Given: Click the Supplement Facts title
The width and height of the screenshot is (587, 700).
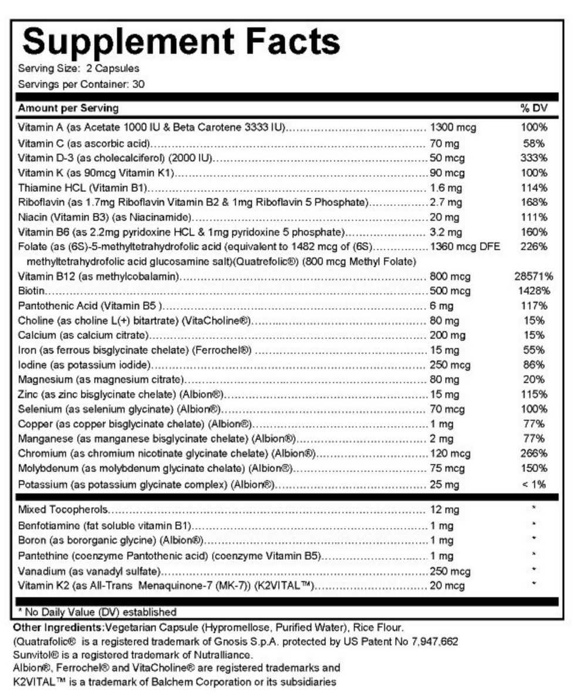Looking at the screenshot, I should point(181,42).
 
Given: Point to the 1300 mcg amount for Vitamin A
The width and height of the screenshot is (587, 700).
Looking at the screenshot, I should point(453,127).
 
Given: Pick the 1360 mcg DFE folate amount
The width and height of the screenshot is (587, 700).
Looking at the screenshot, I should point(465,246).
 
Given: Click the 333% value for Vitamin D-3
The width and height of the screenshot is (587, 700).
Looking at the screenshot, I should point(534,158).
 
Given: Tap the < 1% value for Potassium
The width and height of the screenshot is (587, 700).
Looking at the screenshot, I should point(534,484).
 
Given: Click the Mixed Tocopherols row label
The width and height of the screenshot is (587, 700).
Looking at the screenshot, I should point(63,509).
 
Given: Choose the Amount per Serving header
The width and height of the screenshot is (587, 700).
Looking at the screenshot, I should point(68,109).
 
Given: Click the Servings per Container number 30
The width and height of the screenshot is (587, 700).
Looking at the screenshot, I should point(139,84).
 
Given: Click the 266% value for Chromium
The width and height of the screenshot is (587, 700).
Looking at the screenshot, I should point(534,454).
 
